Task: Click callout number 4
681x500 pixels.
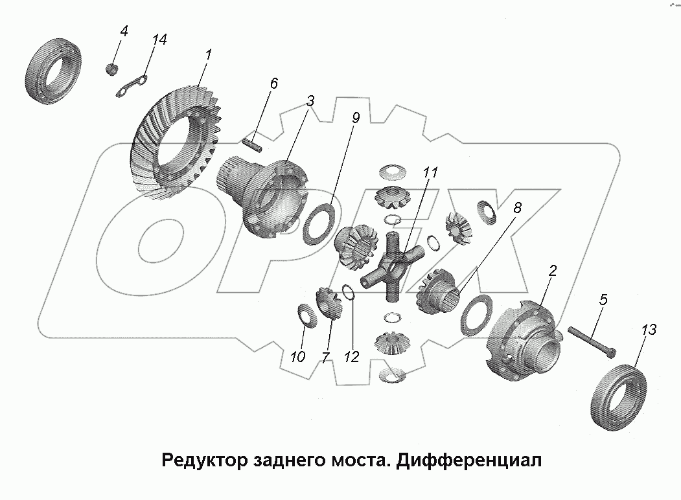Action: point(124,30)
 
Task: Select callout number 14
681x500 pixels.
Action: point(159,40)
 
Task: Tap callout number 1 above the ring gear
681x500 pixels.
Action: point(208,56)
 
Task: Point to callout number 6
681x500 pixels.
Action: point(273,83)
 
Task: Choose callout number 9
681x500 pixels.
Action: point(356,118)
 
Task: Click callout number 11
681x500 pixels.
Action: point(431,173)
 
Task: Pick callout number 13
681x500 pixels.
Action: point(649,330)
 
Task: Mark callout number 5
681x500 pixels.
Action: point(603,300)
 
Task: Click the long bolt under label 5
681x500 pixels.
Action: point(591,340)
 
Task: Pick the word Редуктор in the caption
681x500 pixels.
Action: point(199,460)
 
